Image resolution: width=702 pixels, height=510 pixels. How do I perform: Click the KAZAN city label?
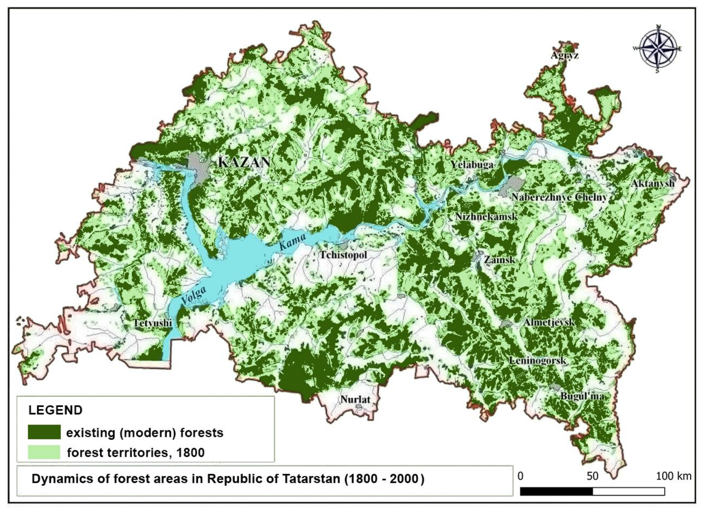tap(244, 162)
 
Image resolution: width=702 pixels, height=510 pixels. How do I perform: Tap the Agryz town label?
tap(565, 56)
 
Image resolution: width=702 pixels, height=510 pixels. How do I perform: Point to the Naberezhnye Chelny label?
tap(559, 197)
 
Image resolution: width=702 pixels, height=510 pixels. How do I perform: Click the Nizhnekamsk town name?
tap(486, 217)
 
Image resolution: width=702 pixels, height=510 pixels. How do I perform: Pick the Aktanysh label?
tap(652, 183)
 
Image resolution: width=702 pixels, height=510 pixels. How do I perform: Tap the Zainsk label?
tap(499, 259)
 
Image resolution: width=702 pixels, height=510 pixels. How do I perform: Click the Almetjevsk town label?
tap(549, 322)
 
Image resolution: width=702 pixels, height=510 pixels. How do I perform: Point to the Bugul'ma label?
tap(582, 396)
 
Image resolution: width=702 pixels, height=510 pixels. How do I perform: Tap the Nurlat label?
tap(355, 400)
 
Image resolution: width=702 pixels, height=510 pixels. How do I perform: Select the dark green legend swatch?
tap(44, 432)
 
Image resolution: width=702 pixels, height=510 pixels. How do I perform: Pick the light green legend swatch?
tap(44, 452)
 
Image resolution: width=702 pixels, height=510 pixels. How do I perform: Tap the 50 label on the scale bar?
tap(592, 476)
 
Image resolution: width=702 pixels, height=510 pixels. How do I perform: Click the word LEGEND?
tap(55, 410)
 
